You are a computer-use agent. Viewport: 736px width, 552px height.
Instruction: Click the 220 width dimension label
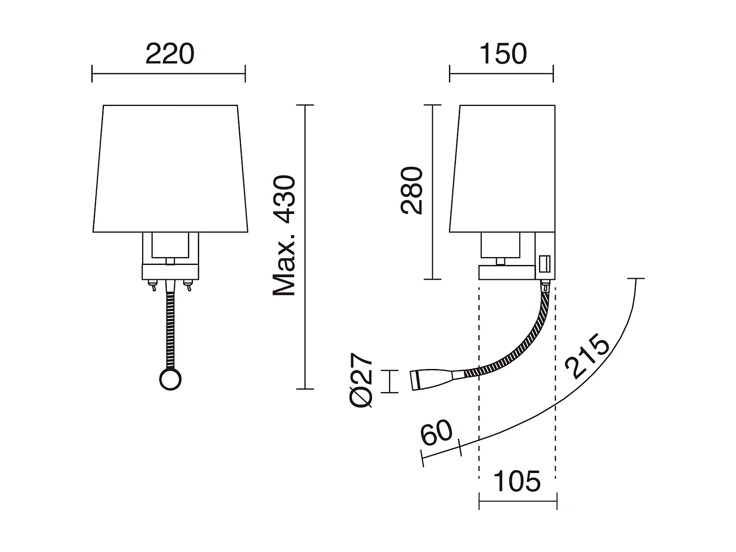(170, 54)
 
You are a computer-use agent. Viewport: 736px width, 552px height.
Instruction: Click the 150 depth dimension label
(503, 54)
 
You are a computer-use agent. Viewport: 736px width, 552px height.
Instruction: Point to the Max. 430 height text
(285, 236)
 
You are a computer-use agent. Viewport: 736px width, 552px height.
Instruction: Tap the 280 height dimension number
(411, 190)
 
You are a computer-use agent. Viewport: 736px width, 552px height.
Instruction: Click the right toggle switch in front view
(187, 285)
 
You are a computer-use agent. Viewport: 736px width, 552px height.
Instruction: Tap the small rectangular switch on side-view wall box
(543, 263)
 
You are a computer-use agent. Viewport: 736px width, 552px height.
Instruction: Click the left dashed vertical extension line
(479, 393)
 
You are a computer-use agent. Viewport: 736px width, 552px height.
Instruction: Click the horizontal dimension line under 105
(518, 501)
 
